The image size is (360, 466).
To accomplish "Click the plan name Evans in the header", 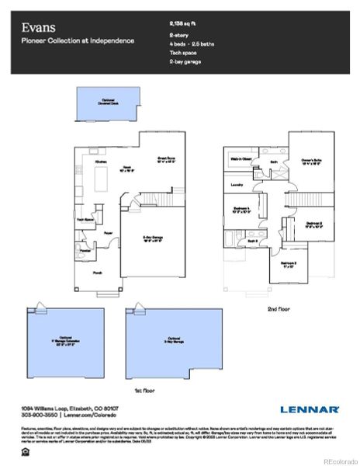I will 36,27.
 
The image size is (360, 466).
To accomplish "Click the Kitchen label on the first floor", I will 102,162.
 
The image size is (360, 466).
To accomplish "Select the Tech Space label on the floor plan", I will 85,219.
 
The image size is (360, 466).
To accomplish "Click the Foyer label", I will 109,231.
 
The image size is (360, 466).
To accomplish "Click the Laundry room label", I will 237,185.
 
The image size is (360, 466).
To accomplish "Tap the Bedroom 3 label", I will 289,264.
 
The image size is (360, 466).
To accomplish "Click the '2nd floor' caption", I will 278,308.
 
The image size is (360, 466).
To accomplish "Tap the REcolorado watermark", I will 340,459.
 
